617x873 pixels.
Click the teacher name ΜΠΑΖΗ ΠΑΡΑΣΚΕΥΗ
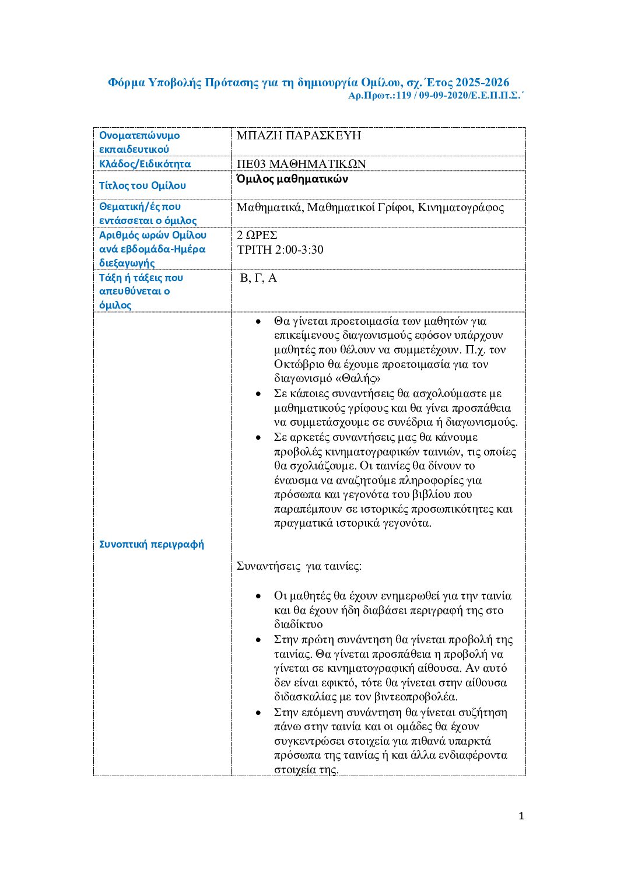click(x=299, y=135)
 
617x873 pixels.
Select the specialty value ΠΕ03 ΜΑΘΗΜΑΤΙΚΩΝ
click(x=301, y=164)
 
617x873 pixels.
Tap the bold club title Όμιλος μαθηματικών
click(x=292, y=179)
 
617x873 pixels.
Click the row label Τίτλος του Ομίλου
click(x=142, y=185)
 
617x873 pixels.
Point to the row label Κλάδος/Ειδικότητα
click(x=145, y=164)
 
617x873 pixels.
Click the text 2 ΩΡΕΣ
click(x=257, y=235)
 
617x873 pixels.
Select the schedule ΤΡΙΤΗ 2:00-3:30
click(x=280, y=250)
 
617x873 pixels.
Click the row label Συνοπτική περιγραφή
click(x=152, y=544)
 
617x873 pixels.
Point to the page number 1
click(x=521, y=816)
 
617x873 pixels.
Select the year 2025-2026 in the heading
click(x=482, y=82)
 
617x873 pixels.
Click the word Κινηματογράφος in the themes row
click(x=461, y=207)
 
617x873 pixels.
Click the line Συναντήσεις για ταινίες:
click(x=299, y=566)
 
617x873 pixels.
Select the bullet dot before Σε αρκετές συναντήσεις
click(x=258, y=437)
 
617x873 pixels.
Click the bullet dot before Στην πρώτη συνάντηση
click(x=258, y=640)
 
